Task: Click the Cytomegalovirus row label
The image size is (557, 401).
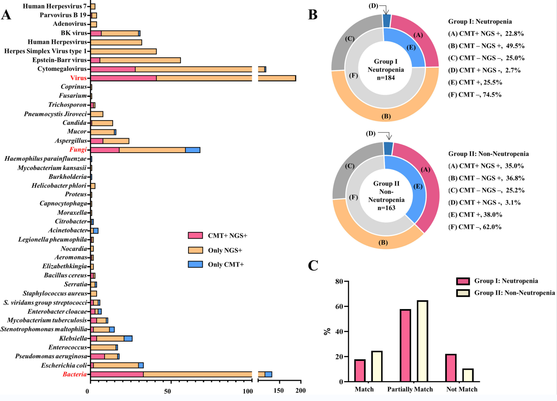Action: (x=62, y=69)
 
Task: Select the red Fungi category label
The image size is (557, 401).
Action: (x=78, y=150)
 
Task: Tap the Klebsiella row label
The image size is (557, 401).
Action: (x=73, y=339)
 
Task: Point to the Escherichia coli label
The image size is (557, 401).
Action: (x=64, y=366)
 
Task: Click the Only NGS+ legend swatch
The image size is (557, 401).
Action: (x=195, y=250)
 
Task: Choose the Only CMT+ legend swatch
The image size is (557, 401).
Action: (x=195, y=265)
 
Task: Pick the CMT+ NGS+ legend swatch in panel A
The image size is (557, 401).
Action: (x=195, y=236)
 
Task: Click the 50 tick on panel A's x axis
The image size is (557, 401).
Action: (x=168, y=391)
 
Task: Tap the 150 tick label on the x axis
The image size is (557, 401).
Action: (x=279, y=391)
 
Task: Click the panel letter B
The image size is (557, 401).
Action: (x=312, y=15)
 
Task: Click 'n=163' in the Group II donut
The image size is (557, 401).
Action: (x=386, y=208)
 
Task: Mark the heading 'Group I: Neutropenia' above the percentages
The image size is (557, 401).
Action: (x=480, y=22)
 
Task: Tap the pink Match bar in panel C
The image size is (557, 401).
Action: (x=360, y=371)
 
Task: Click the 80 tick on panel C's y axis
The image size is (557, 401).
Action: (x=339, y=282)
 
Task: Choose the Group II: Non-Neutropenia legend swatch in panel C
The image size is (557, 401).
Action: (x=463, y=293)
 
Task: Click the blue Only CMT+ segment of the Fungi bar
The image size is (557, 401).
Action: (x=193, y=150)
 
